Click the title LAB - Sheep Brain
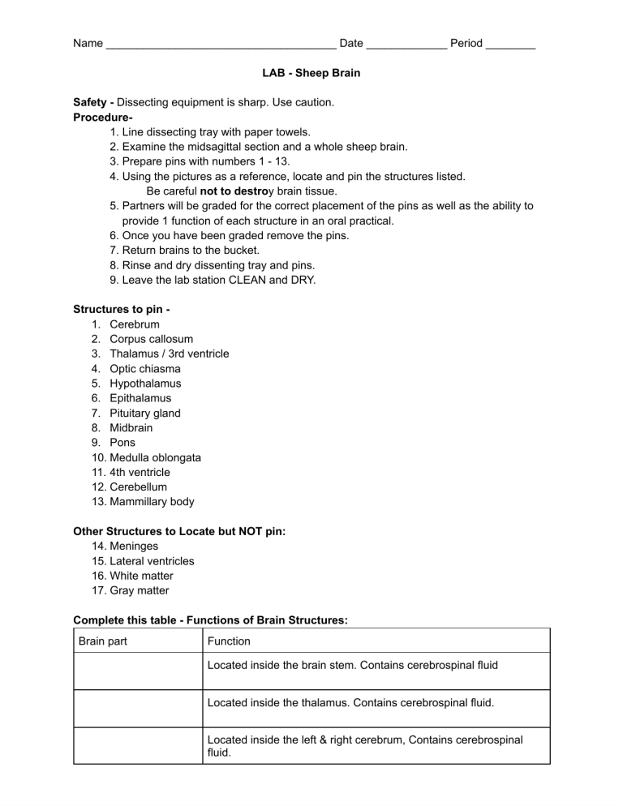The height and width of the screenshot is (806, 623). (x=311, y=73)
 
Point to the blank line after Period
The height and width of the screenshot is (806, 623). (x=510, y=45)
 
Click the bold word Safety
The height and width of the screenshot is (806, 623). (x=92, y=103)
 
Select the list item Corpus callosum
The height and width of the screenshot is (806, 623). (x=151, y=339)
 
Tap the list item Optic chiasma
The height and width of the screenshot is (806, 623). (x=145, y=368)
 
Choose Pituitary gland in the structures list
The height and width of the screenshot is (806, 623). (x=145, y=413)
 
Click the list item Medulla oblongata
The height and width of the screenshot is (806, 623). (x=155, y=457)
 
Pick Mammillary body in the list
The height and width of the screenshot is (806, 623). (x=152, y=501)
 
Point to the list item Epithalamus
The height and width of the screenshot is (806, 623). (x=140, y=398)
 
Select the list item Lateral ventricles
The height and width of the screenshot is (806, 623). (x=152, y=561)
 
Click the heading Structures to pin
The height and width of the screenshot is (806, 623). (x=121, y=309)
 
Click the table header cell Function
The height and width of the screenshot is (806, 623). (x=230, y=641)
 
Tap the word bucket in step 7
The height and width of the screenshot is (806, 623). (x=242, y=251)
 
